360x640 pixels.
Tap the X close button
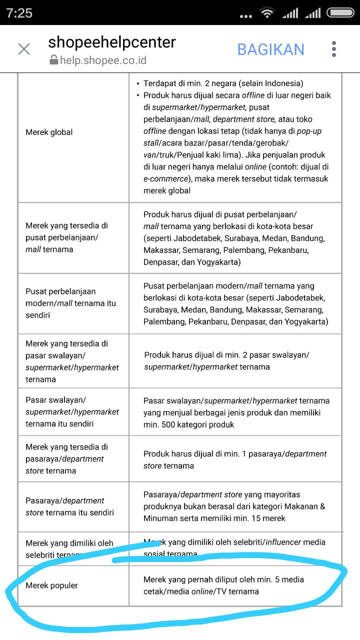coord(23,49)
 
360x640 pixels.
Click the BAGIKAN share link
coord(270,49)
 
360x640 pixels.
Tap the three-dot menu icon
coord(334,49)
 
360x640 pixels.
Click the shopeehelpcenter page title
coord(112,42)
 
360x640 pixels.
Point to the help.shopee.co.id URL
coord(103,60)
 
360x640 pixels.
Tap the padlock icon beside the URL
coord(53,60)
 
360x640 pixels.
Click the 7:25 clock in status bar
coord(19,13)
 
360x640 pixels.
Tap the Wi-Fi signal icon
coord(268,13)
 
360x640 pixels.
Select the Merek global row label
coord(49,132)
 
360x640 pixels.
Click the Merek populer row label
coord(51,585)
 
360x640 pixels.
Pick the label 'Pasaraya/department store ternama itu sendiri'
coord(69,506)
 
